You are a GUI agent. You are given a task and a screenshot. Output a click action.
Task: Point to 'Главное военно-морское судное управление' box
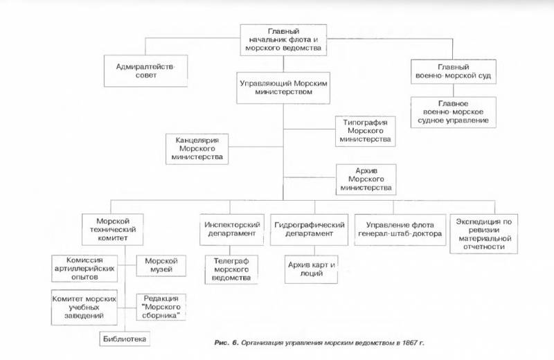(x=454, y=111)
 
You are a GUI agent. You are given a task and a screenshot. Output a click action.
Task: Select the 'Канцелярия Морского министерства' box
(x=197, y=148)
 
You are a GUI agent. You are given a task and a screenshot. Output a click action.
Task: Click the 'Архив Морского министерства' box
(x=364, y=178)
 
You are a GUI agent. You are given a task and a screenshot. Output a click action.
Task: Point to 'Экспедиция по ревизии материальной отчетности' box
(x=483, y=233)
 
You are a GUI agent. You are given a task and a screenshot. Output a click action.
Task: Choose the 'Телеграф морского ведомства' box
(x=231, y=269)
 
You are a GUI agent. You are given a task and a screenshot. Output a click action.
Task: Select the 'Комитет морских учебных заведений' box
(x=82, y=305)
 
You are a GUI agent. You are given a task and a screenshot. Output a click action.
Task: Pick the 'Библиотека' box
(x=124, y=339)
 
